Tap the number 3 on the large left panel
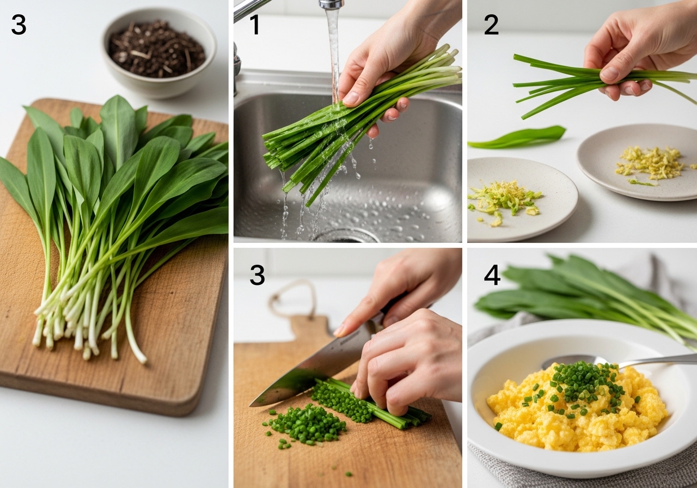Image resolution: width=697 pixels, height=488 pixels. click(19, 25)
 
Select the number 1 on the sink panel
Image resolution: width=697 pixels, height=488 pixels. click(255, 25)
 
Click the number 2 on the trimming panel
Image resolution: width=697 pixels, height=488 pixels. click(491, 25)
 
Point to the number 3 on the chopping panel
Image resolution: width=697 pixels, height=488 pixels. click(258, 275)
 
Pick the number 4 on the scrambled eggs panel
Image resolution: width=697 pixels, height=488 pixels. click(492, 275)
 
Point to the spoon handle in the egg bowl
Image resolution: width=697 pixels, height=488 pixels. click(657, 361)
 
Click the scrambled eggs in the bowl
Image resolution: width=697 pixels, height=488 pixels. click(576, 411)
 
